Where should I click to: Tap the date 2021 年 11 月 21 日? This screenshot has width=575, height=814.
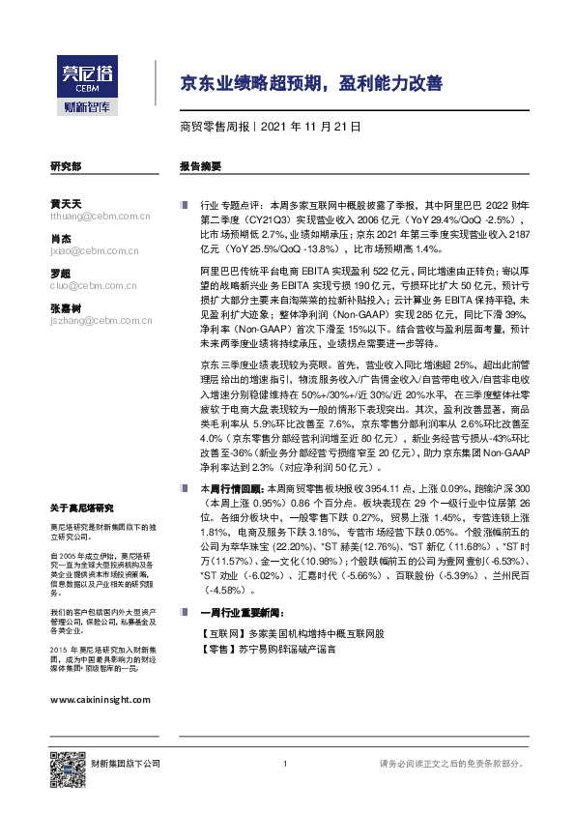[x=311, y=127]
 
